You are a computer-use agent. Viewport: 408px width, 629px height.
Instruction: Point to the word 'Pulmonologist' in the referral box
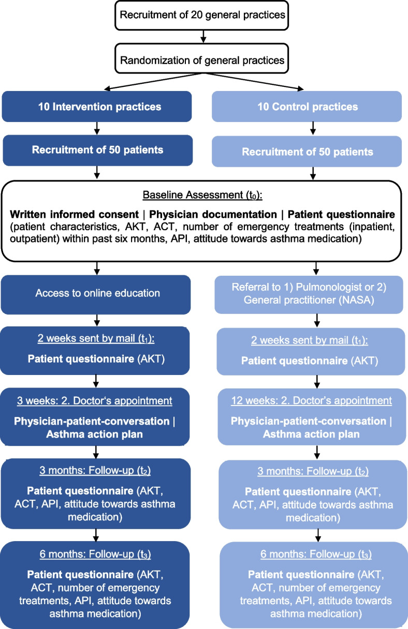pos(317,288)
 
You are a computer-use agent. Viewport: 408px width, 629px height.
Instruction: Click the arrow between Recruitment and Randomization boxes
pos(203,37)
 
